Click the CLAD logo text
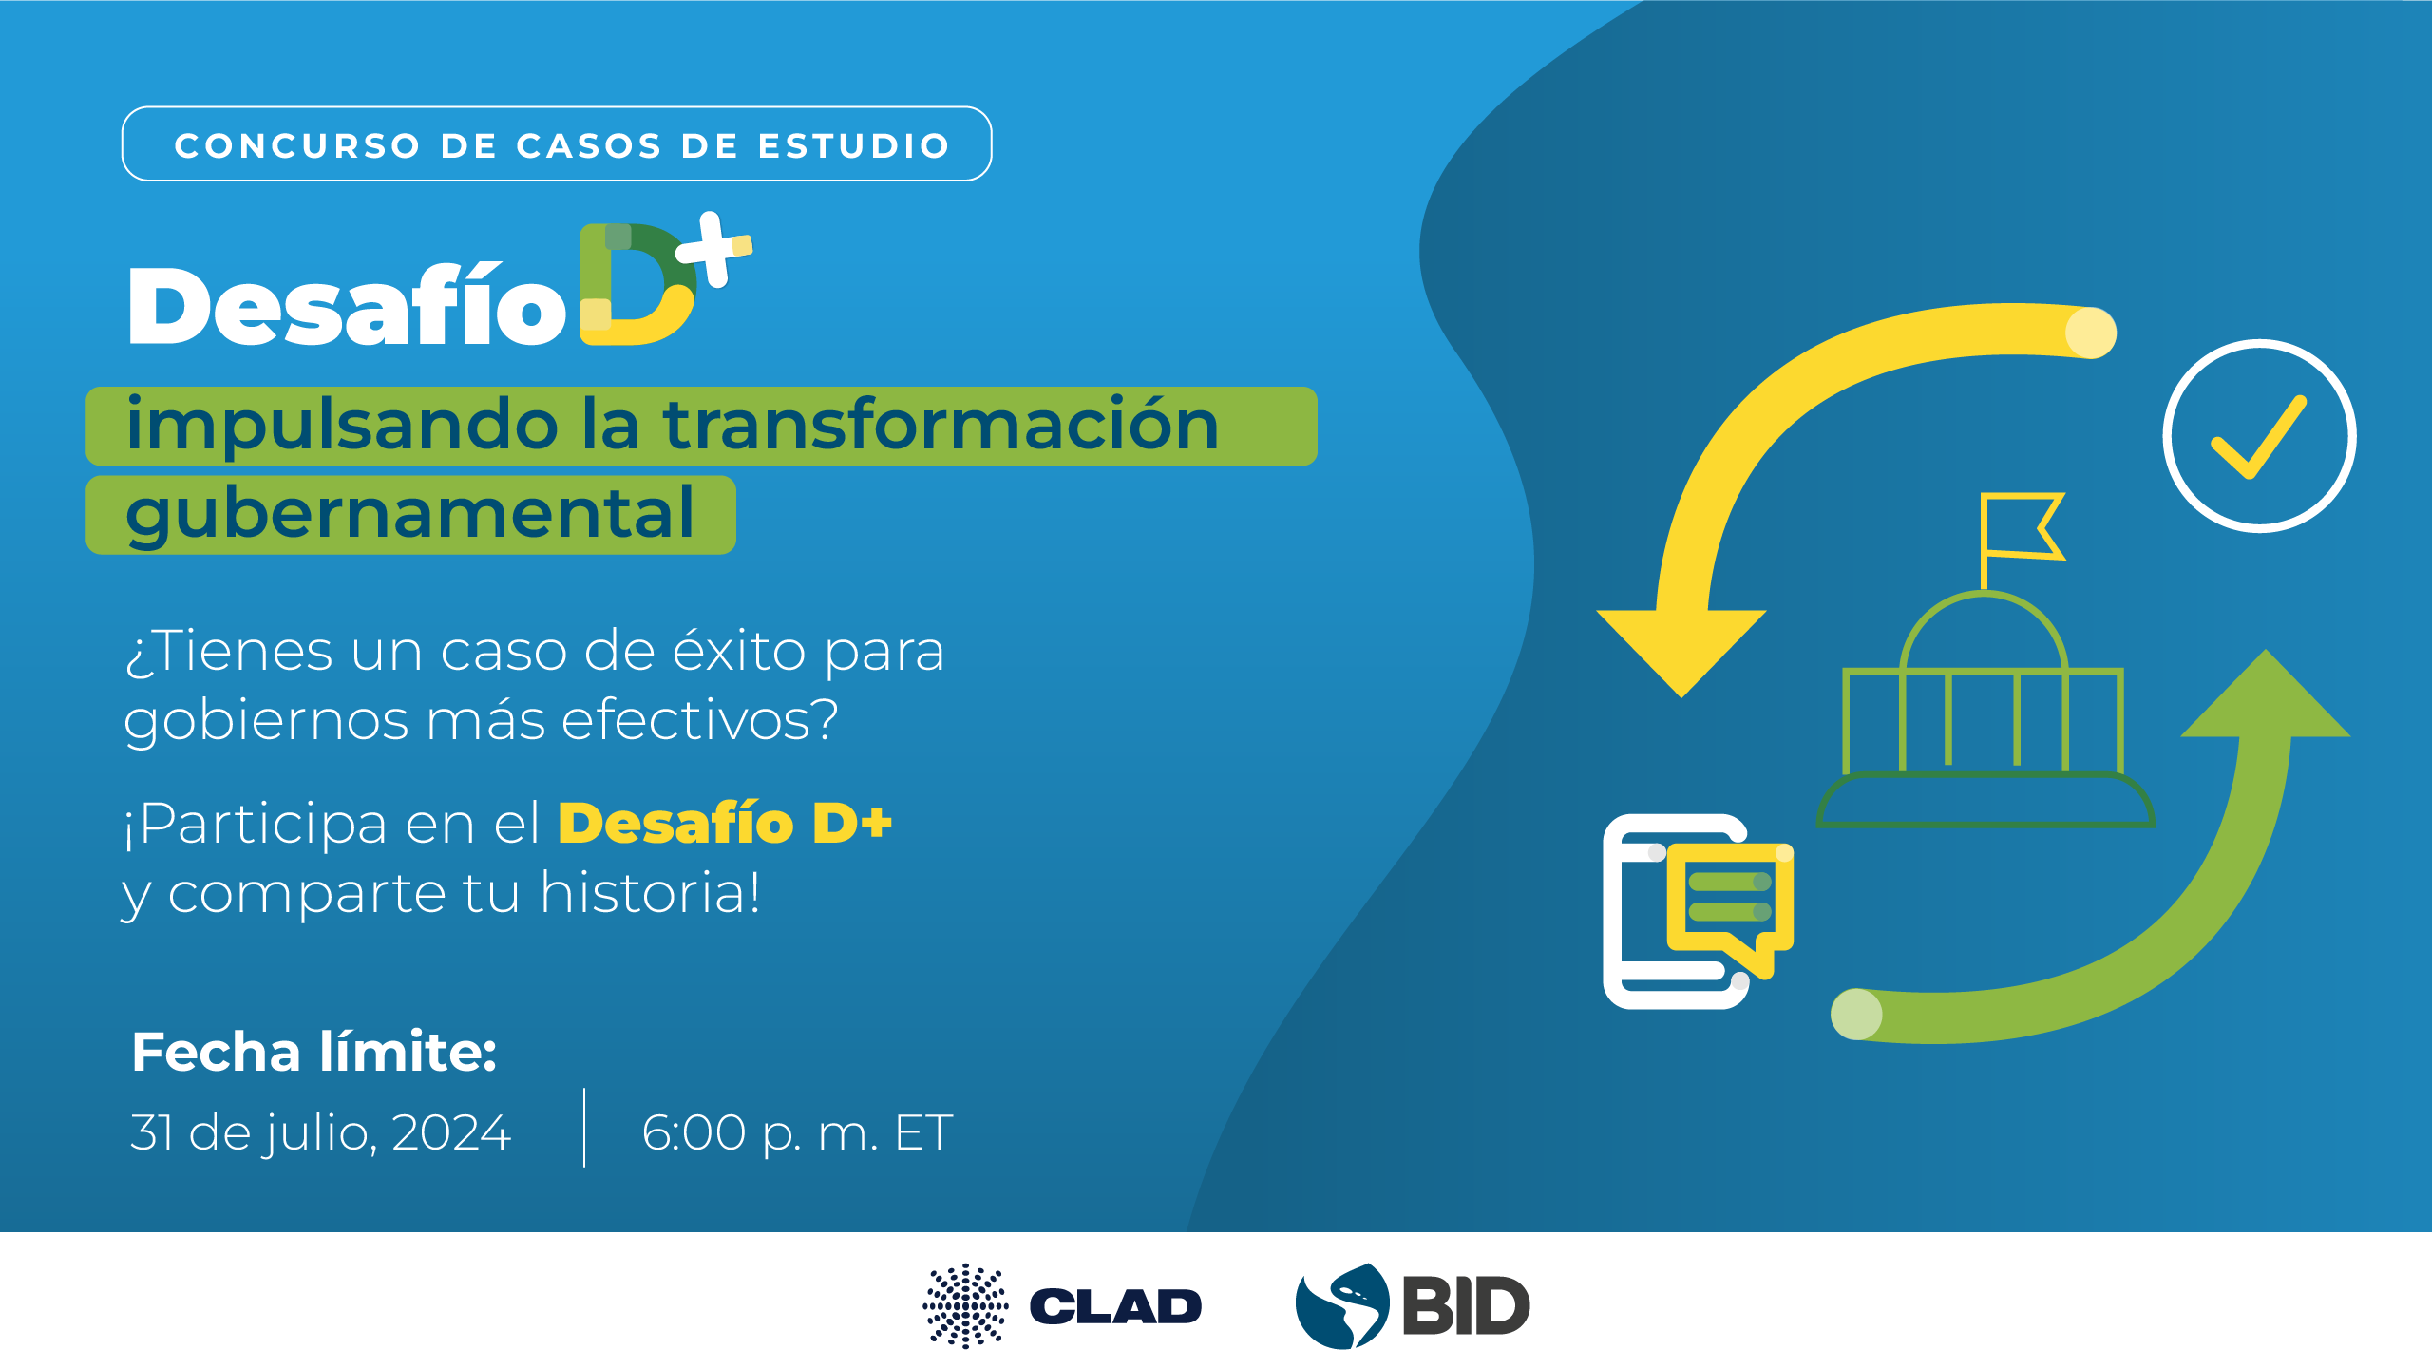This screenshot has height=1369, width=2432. [1115, 1306]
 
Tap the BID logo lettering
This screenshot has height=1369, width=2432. [1466, 1306]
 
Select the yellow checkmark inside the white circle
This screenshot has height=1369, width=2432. [2258, 437]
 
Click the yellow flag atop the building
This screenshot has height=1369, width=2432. [2022, 526]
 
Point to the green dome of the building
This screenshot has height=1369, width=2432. [1984, 632]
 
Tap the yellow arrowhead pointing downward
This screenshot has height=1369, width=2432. [1681, 651]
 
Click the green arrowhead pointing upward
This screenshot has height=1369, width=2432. [2266, 694]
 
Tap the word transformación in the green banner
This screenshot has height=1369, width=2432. [940, 425]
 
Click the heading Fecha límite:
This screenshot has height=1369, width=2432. [313, 1052]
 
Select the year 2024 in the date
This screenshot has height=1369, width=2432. [451, 1132]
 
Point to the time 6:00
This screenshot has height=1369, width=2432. [693, 1132]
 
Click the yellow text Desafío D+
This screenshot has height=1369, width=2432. [725, 823]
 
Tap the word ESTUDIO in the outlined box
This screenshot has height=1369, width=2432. [854, 145]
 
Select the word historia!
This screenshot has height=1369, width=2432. [651, 893]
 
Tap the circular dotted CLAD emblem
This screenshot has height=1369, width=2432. [965, 1306]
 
